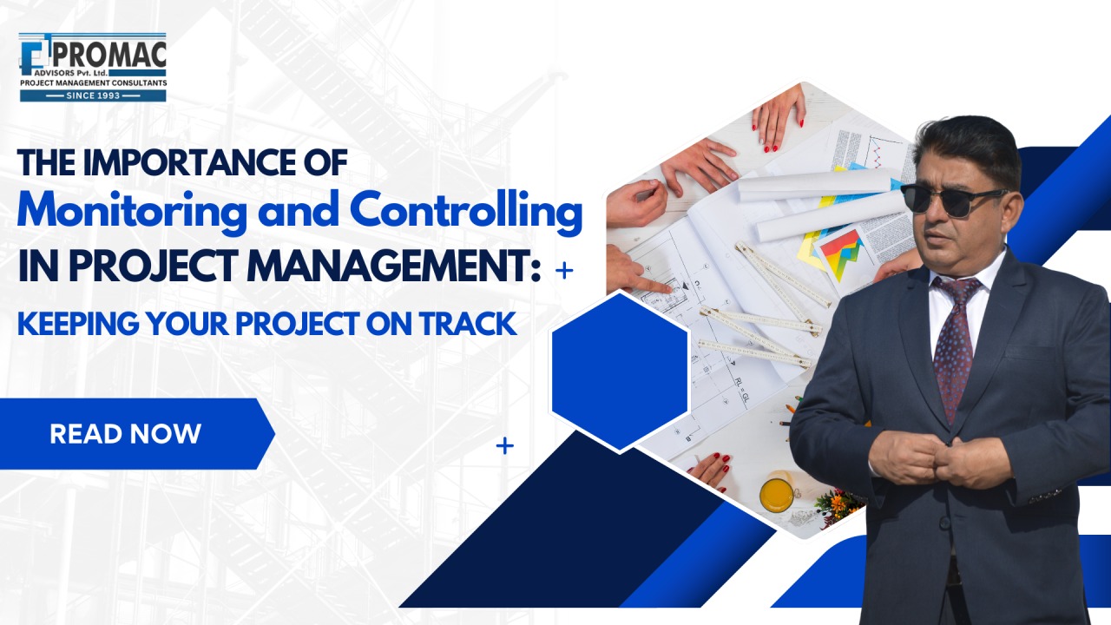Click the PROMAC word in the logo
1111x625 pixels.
click(x=109, y=55)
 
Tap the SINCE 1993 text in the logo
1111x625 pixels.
click(x=93, y=95)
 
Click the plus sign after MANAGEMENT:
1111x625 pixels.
click(x=564, y=271)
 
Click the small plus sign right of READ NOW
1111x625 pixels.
click(x=505, y=446)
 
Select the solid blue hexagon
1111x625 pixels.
click(x=620, y=372)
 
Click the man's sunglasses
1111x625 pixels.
click(x=953, y=200)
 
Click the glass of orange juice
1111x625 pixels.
click(x=777, y=492)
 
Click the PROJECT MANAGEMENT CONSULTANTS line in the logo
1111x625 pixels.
click(x=93, y=82)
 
